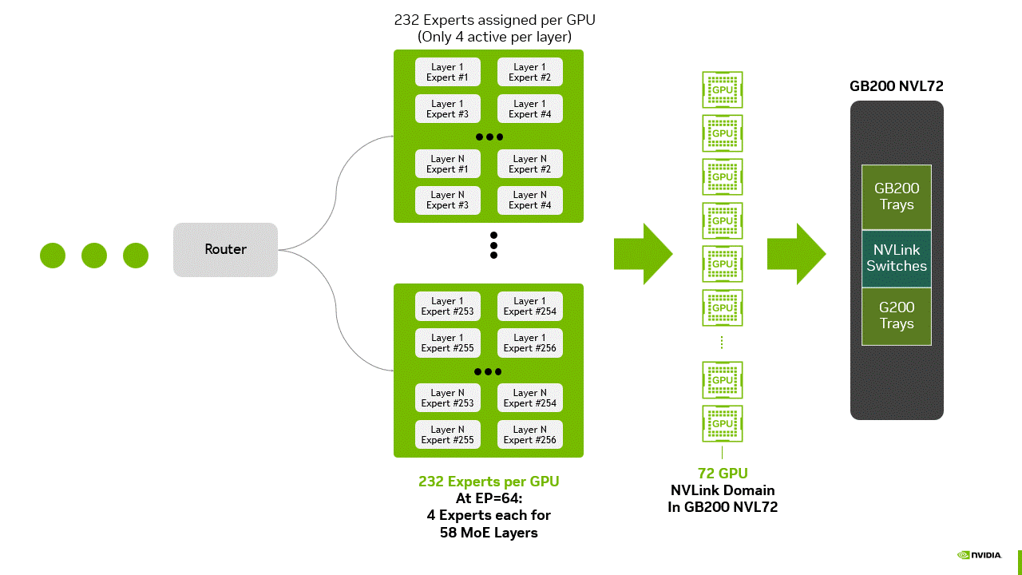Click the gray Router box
point(225,250)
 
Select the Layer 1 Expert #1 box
point(447,72)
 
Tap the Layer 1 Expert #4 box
point(529,109)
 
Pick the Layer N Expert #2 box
point(529,164)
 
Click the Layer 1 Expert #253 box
point(447,306)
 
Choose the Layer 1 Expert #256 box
point(529,343)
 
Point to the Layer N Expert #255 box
point(447,434)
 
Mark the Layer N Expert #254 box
point(529,398)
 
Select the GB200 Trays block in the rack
point(896,196)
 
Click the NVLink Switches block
point(896,259)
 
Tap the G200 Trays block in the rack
point(896,315)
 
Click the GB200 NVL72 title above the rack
point(896,86)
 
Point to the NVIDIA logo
point(979,555)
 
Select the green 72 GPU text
point(722,474)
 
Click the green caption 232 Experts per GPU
point(489,482)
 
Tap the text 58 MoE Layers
point(489,533)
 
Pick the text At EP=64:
point(489,498)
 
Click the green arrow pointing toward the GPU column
point(643,254)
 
